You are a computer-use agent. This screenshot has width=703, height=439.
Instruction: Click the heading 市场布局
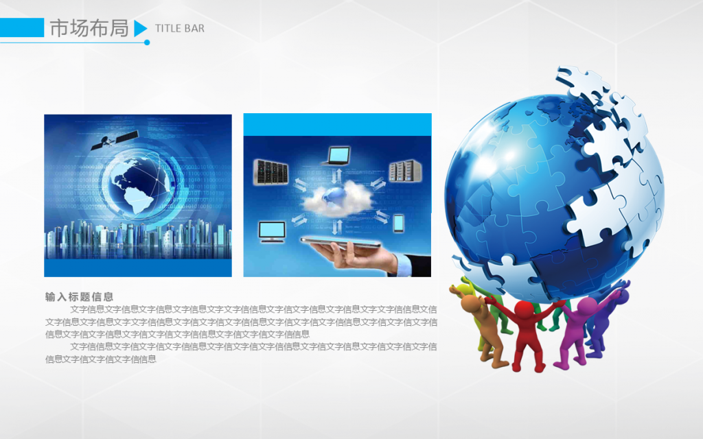point(89,28)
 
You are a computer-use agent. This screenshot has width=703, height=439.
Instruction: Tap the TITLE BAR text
point(179,29)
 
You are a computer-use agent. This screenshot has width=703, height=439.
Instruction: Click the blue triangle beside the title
point(140,28)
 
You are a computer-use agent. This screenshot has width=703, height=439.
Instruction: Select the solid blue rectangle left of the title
point(22,27)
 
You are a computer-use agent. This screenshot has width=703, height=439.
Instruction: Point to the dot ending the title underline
point(147,43)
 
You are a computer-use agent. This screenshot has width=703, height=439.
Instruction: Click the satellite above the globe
point(115,139)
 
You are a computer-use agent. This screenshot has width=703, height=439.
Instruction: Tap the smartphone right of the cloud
point(398,224)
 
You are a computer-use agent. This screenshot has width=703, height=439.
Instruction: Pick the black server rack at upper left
point(270,172)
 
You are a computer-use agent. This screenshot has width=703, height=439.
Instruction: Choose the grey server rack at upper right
point(405,171)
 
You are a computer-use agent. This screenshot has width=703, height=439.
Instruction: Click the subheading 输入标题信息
point(80,296)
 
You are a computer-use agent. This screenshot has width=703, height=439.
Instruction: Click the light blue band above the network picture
point(338,125)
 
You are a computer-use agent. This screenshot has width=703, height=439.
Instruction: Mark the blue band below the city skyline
point(138,268)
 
